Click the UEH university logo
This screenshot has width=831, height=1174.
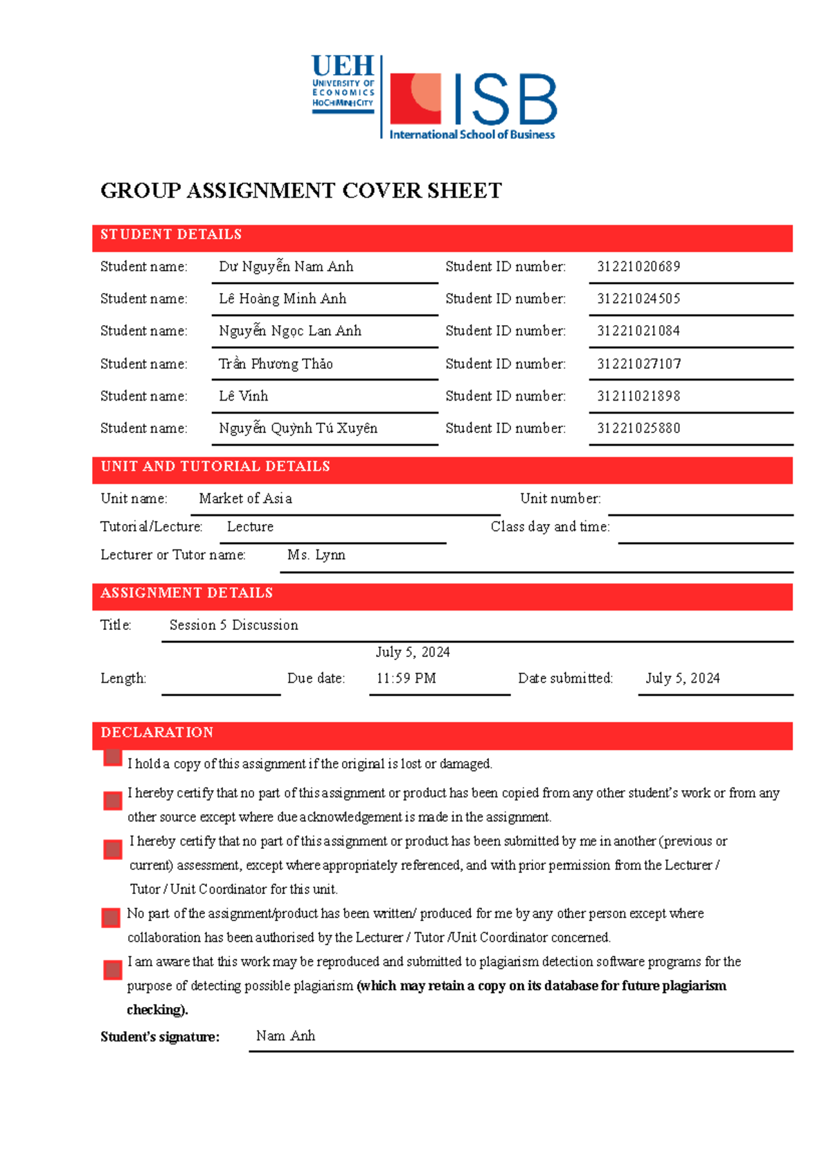point(343,84)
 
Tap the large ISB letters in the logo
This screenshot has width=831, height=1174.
point(505,100)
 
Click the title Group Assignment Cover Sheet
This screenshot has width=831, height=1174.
point(301,191)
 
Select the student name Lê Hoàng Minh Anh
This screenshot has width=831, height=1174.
point(283,299)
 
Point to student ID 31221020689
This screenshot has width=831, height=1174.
point(638,267)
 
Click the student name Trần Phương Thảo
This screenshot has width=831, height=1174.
point(276,364)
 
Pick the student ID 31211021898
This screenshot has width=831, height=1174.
point(638,396)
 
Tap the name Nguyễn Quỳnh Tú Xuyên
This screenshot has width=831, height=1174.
point(298,428)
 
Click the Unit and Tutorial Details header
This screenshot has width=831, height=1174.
point(215,466)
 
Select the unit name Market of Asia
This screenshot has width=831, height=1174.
point(245,499)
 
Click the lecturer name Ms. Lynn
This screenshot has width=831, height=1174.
point(316,555)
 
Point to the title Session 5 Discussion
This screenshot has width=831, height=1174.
point(233,625)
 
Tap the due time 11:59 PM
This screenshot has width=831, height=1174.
point(406,678)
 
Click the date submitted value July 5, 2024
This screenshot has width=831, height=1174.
point(682,678)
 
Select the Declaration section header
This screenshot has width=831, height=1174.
point(157,733)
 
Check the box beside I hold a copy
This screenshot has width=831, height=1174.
point(112,757)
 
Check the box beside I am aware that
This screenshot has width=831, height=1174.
point(112,970)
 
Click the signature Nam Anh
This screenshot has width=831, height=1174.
point(285,1036)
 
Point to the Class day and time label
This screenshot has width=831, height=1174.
point(550,527)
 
